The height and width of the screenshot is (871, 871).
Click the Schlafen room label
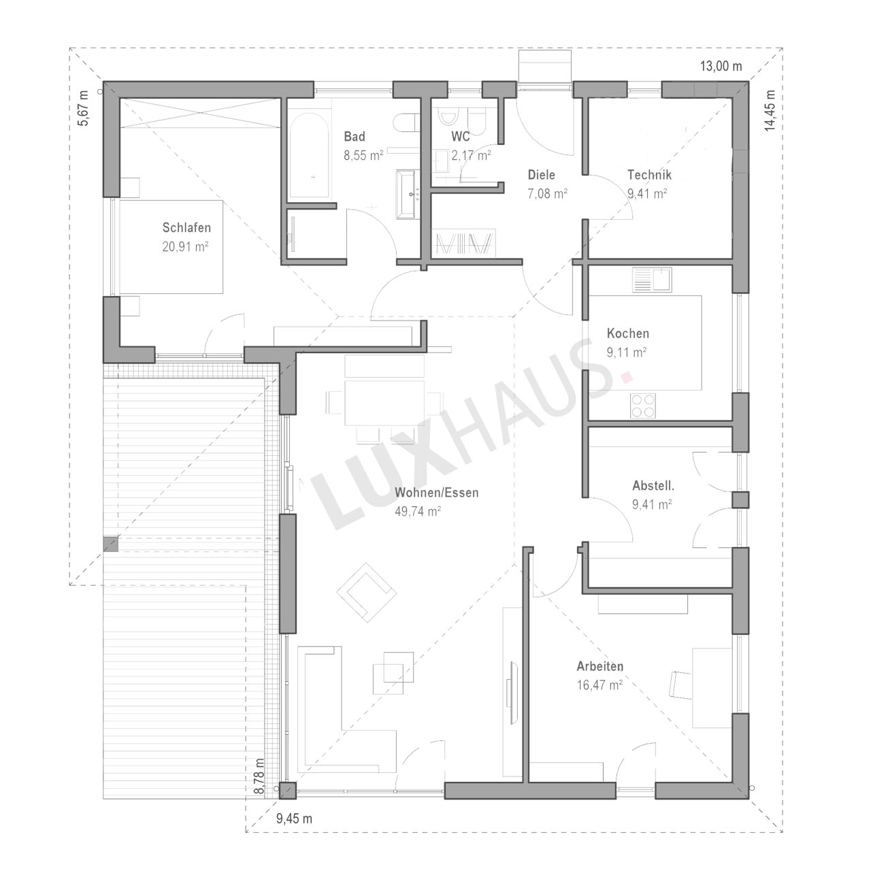[186, 227]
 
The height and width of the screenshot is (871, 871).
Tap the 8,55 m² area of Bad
[363, 156]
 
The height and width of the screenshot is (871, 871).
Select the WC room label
[461, 136]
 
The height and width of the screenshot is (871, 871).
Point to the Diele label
[542, 174]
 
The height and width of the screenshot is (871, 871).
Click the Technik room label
[650, 174]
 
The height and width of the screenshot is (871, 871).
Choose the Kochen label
[628, 333]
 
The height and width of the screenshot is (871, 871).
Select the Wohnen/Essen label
[437, 492]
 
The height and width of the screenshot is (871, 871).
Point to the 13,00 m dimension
[721, 67]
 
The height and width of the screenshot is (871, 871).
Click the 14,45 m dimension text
[770, 111]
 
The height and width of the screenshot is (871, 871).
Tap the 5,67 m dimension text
[84, 108]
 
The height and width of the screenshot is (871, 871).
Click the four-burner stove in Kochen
[643, 406]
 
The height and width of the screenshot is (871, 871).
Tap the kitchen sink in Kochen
[653, 280]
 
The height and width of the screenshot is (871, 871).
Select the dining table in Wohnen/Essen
[384, 403]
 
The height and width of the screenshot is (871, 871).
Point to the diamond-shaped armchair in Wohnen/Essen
[367, 593]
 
